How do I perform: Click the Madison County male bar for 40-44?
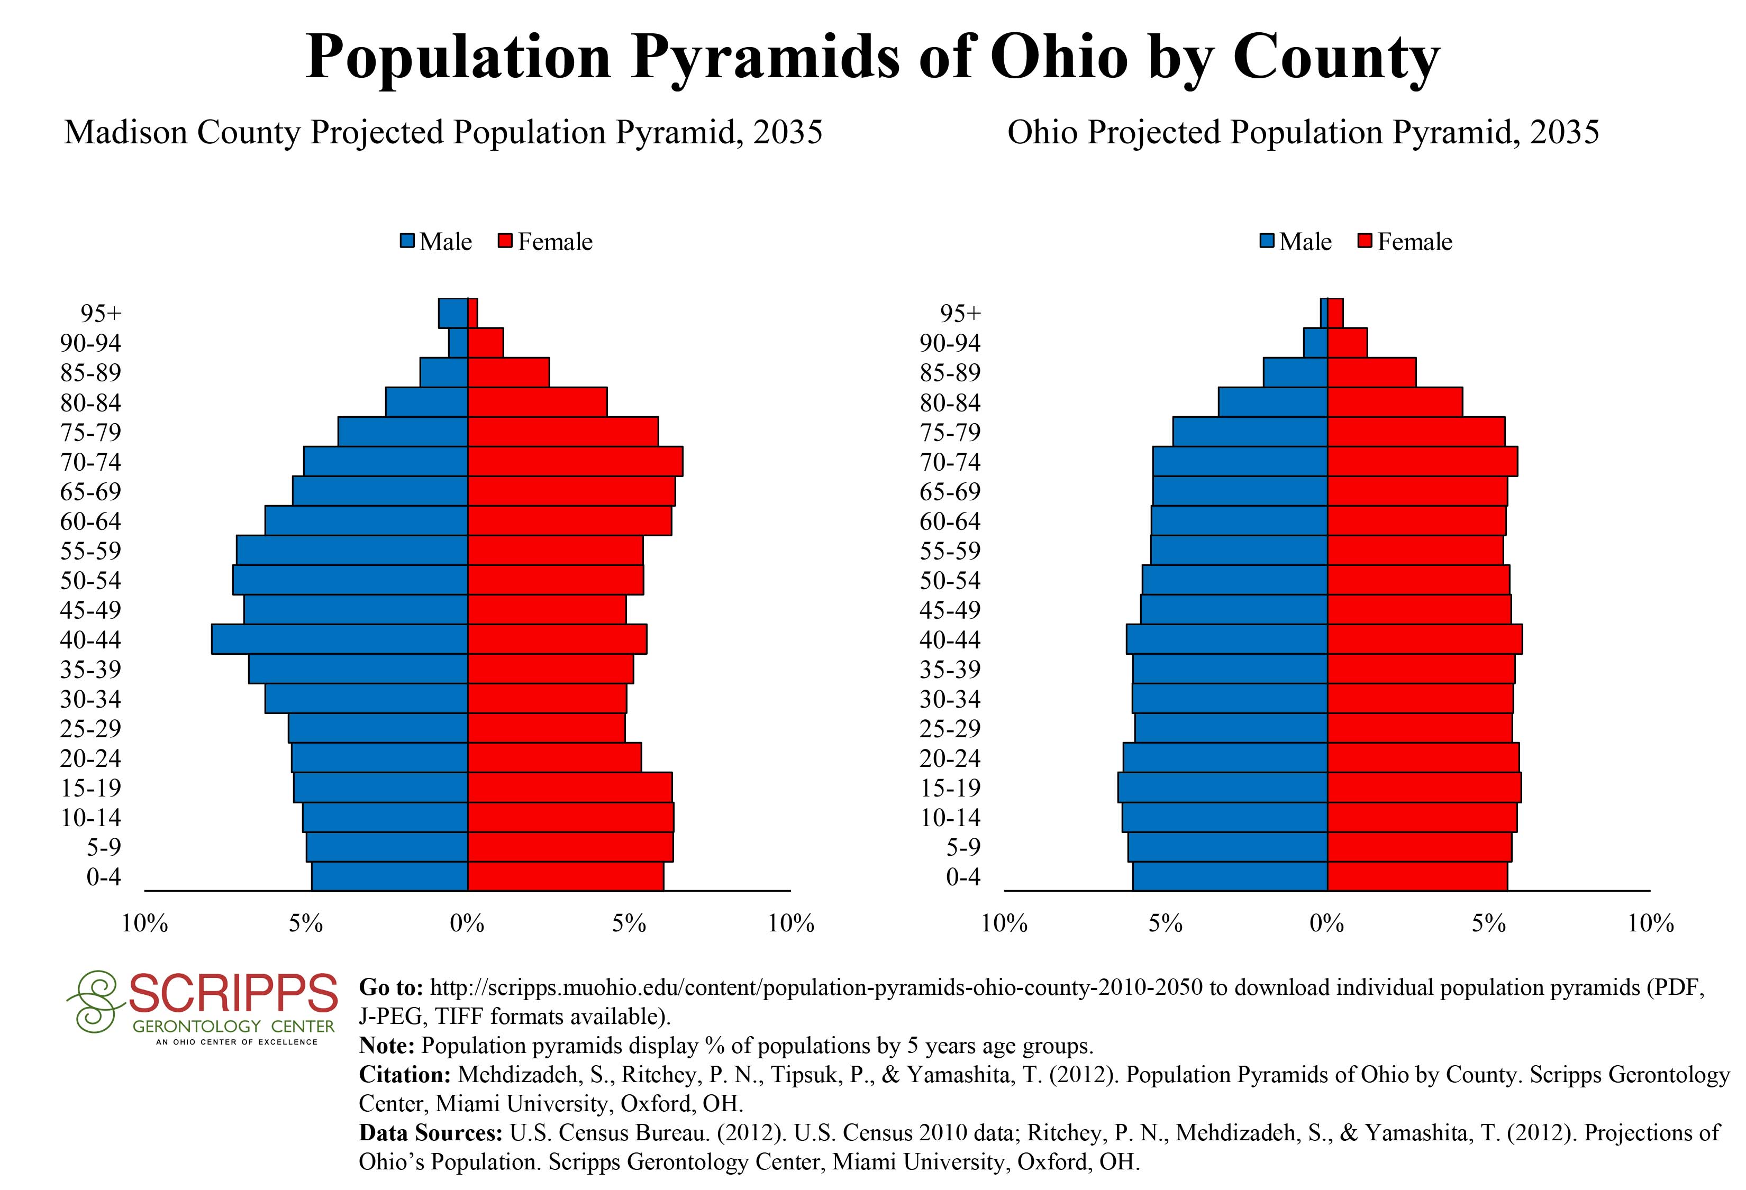(340, 639)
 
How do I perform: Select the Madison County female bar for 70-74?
(575, 461)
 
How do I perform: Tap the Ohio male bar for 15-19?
(1222, 788)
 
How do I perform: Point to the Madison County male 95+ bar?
(453, 313)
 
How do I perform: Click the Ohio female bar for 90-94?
(1347, 342)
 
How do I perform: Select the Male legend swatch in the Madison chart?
(408, 242)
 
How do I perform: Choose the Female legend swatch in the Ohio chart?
(1365, 242)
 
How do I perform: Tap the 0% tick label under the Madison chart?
(467, 923)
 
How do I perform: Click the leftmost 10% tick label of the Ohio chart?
(1004, 923)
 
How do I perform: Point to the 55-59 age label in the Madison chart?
(90, 551)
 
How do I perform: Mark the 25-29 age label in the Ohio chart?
(950, 728)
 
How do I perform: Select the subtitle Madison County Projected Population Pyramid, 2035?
(443, 133)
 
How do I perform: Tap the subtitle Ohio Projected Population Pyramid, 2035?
(1303, 133)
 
